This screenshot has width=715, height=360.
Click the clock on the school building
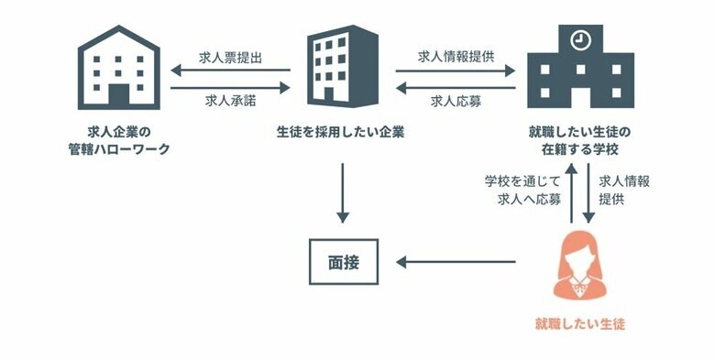[x=579, y=40]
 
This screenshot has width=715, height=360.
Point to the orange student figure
[x=579, y=267]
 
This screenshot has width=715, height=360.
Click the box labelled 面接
[x=342, y=261]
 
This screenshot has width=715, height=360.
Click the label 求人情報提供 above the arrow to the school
[x=456, y=56]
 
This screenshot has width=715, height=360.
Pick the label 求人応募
[x=456, y=101]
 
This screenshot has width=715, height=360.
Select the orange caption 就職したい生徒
[x=579, y=323]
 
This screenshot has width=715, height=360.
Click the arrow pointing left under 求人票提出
[x=229, y=71]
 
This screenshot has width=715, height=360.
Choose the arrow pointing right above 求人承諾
[x=229, y=87]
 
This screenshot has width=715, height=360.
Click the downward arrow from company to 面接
[x=342, y=192]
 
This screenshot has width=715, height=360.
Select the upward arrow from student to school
[x=570, y=192]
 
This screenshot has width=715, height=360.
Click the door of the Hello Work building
[x=120, y=94]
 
